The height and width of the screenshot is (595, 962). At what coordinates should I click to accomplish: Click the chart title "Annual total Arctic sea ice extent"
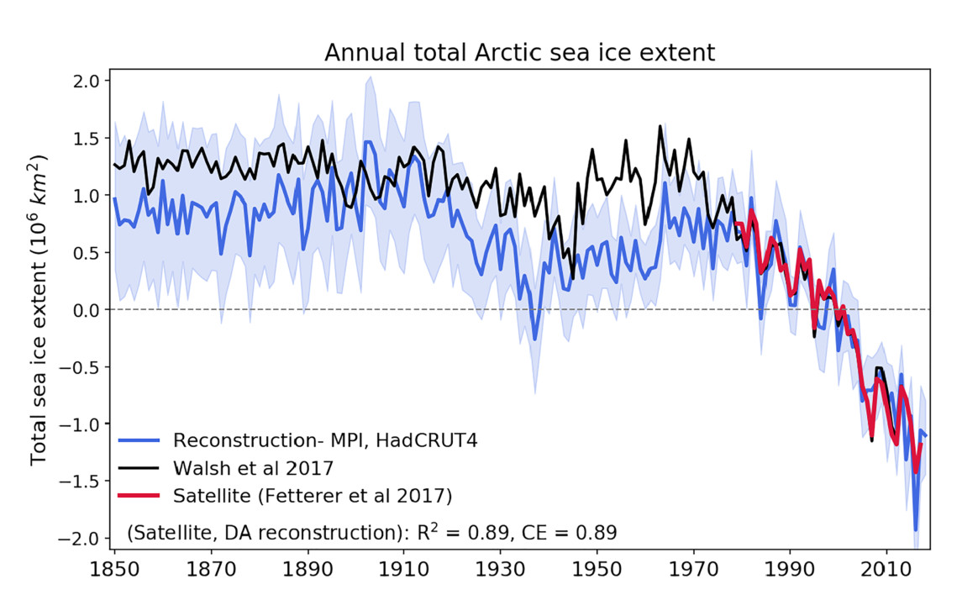point(519,53)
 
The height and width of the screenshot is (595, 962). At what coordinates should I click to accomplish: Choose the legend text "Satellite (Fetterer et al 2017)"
point(313,497)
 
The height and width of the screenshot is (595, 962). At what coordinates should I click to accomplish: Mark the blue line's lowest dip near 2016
point(916,530)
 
